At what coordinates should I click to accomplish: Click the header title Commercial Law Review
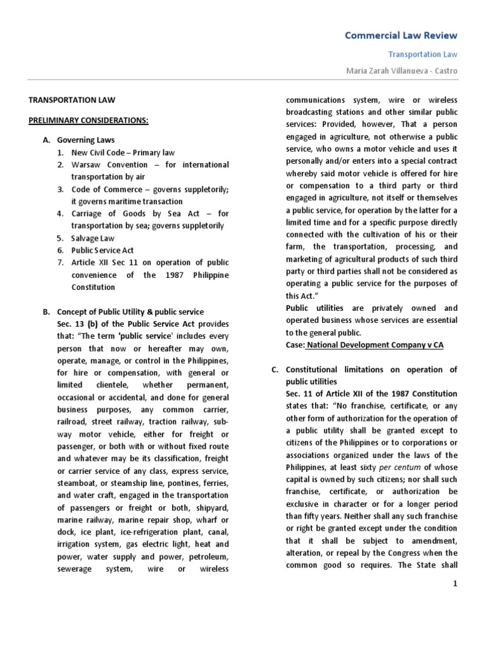(x=401, y=35)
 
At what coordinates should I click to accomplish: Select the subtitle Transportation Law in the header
(x=423, y=55)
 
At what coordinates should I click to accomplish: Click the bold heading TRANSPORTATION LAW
(x=73, y=99)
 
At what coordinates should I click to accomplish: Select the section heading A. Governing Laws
(x=85, y=140)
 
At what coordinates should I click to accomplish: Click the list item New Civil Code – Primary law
(x=123, y=152)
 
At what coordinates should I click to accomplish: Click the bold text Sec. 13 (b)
(x=79, y=323)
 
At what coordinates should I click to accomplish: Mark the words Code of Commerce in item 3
(x=105, y=189)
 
